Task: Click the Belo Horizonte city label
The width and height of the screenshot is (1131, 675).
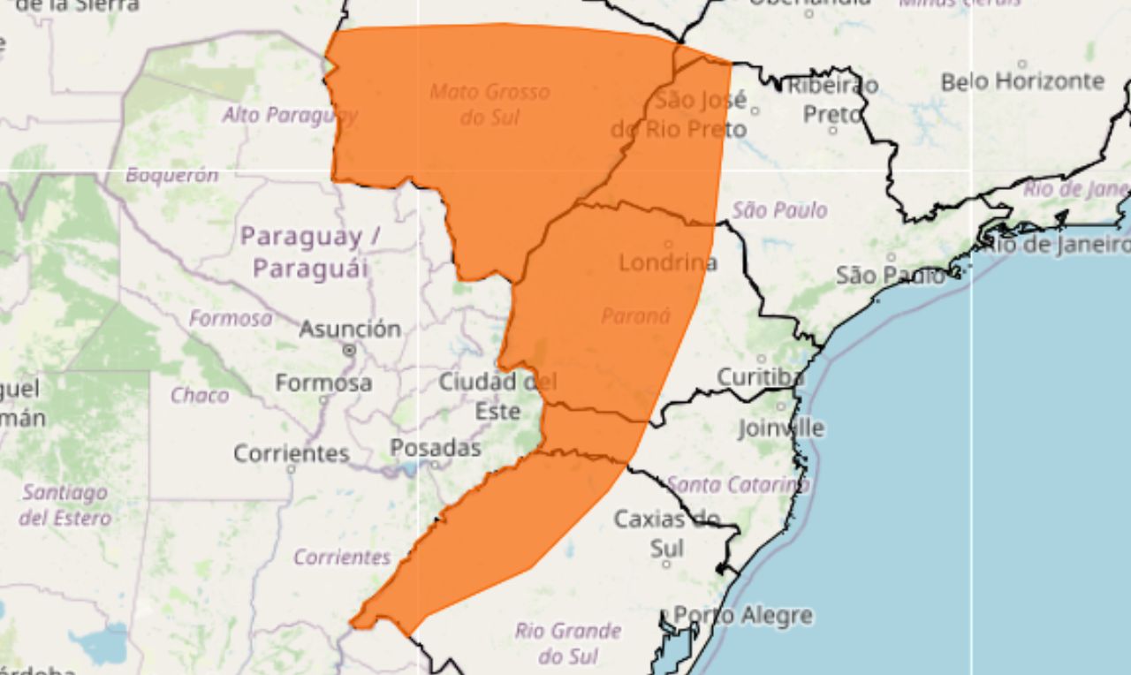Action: [x=1022, y=82]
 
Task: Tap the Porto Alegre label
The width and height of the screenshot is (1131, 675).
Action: [x=743, y=616]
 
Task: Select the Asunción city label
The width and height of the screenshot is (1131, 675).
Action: [x=350, y=330]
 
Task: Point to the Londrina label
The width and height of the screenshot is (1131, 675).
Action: [x=668, y=262]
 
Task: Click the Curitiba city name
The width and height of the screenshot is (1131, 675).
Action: [x=760, y=377]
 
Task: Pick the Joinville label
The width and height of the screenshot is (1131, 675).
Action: [x=781, y=429]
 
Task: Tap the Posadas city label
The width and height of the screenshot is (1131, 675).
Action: [x=436, y=448]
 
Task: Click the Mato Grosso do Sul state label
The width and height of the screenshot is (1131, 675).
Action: [x=490, y=104]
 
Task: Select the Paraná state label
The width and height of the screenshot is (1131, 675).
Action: [x=636, y=315]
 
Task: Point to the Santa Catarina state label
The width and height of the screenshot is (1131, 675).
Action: [x=736, y=484]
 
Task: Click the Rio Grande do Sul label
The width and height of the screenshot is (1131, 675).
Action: [x=568, y=643]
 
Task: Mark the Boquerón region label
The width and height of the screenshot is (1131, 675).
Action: [x=171, y=175]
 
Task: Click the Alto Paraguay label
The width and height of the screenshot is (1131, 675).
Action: [x=290, y=115]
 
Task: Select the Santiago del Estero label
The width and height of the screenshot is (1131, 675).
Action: [x=65, y=504]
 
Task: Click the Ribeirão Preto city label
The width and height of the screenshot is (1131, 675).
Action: [x=831, y=100]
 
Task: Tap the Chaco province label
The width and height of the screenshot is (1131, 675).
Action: [x=200, y=395]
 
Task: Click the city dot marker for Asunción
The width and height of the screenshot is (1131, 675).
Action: [x=350, y=350]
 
